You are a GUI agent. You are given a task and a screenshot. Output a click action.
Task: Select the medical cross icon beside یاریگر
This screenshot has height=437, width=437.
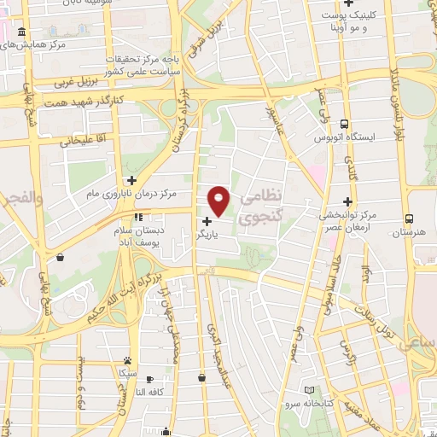point(207,222)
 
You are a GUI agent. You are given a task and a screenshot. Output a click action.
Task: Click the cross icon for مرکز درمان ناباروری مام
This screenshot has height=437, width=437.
point(131,180)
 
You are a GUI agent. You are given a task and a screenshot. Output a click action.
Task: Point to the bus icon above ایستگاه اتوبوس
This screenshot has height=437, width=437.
point(344,123)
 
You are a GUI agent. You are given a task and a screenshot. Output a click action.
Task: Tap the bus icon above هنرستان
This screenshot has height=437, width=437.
point(410,218)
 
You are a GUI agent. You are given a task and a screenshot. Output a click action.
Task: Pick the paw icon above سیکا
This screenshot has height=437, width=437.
point(127,360)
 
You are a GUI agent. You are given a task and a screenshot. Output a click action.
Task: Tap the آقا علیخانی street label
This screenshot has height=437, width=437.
point(81,139)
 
